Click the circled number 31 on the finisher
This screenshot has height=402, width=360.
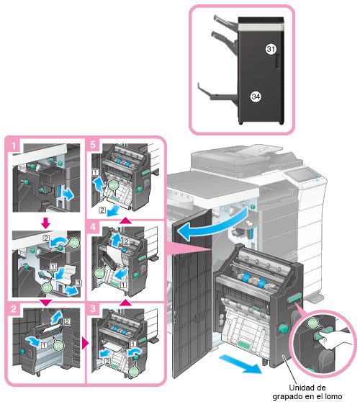271,49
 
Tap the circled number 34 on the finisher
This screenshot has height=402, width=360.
256,97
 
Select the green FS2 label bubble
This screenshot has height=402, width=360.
74,243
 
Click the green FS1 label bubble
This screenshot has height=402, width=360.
47,288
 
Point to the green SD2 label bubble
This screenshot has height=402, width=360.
58,345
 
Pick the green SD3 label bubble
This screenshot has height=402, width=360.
133,372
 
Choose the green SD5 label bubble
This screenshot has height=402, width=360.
99,273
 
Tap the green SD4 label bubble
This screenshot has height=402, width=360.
113,185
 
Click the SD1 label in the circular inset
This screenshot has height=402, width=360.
312,323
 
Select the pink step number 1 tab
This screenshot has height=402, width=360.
14,146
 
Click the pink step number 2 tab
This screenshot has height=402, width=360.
14,308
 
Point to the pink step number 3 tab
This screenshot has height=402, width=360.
93,308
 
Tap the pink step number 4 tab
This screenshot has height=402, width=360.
93,227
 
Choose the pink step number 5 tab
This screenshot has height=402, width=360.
93,145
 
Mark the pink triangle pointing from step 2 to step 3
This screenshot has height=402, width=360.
85,343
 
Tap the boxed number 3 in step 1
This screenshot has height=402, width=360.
78,283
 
